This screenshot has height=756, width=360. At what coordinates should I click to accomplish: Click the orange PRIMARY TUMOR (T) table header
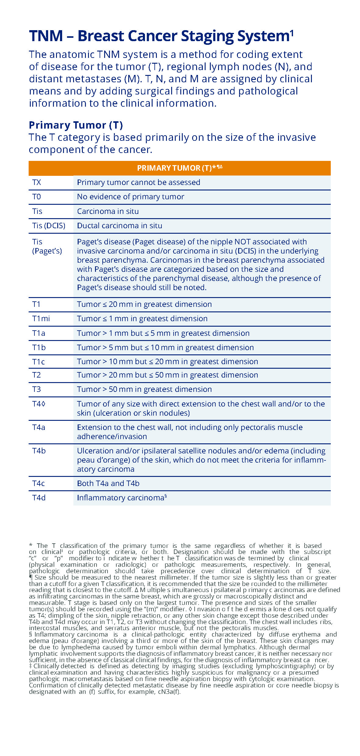coord(179,168)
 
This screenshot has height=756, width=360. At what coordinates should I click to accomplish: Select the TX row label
coord(37,183)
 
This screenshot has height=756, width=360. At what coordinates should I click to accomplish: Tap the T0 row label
coord(37,197)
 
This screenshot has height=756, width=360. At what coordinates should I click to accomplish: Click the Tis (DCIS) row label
coord(49,226)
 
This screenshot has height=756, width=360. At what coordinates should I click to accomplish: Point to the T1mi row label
coord(41,319)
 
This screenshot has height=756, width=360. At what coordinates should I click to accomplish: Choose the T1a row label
coord(39,333)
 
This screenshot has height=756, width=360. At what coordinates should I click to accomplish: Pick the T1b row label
coord(39,348)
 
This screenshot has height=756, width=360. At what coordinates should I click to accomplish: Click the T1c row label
coord(39,362)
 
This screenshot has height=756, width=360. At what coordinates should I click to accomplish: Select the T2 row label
coord(37,375)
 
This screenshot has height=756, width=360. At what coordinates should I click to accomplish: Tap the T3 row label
coord(37,389)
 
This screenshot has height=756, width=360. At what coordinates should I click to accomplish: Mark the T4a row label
coord(39,428)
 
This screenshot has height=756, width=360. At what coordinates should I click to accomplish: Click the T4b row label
coord(39,451)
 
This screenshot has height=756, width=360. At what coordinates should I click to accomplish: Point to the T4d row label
coord(39,498)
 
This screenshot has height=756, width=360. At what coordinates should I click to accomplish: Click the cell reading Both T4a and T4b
coord(108,484)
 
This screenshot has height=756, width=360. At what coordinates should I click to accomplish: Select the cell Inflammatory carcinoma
coord(121,498)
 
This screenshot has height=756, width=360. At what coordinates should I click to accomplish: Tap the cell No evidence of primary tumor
coord(130,197)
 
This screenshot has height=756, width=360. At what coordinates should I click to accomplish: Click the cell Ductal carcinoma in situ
coord(119,226)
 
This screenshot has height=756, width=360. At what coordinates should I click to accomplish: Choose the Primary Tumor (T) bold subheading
coord(76,125)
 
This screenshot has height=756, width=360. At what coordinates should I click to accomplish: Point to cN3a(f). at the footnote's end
coord(169,692)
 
